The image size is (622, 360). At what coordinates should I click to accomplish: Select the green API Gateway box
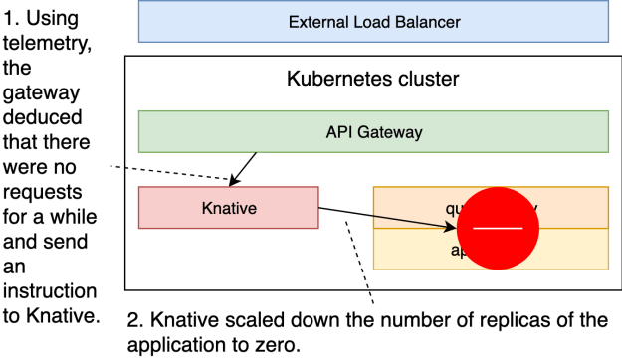(x=372, y=131)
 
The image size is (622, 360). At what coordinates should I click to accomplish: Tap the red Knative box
(x=228, y=208)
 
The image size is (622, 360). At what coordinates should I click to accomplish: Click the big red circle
(x=498, y=228)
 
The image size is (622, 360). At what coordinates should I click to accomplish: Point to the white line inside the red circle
(x=498, y=228)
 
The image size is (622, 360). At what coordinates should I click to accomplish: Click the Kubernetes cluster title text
(x=372, y=79)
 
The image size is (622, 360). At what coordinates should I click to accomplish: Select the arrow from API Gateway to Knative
(x=245, y=168)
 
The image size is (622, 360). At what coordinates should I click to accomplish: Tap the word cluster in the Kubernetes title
(x=424, y=79)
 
